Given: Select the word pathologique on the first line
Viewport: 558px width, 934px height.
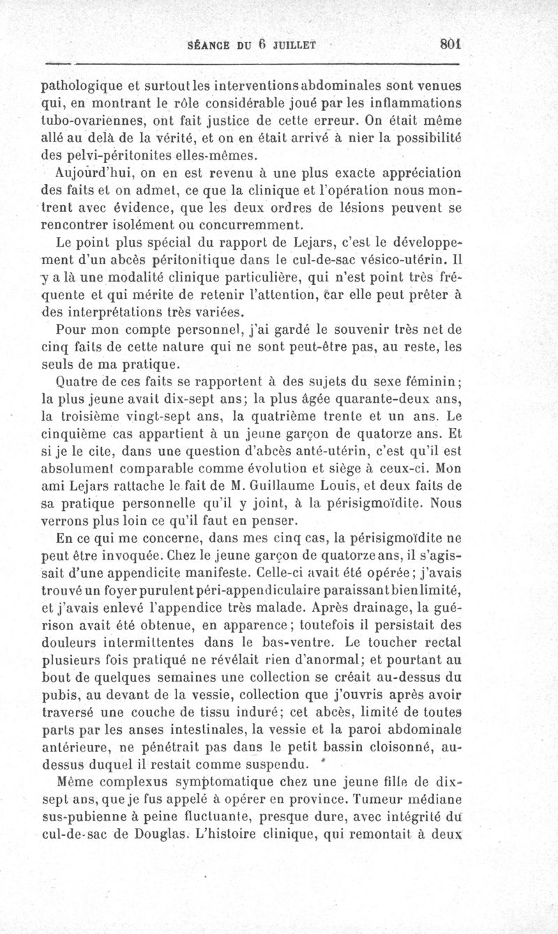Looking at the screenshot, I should coord(84,87).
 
